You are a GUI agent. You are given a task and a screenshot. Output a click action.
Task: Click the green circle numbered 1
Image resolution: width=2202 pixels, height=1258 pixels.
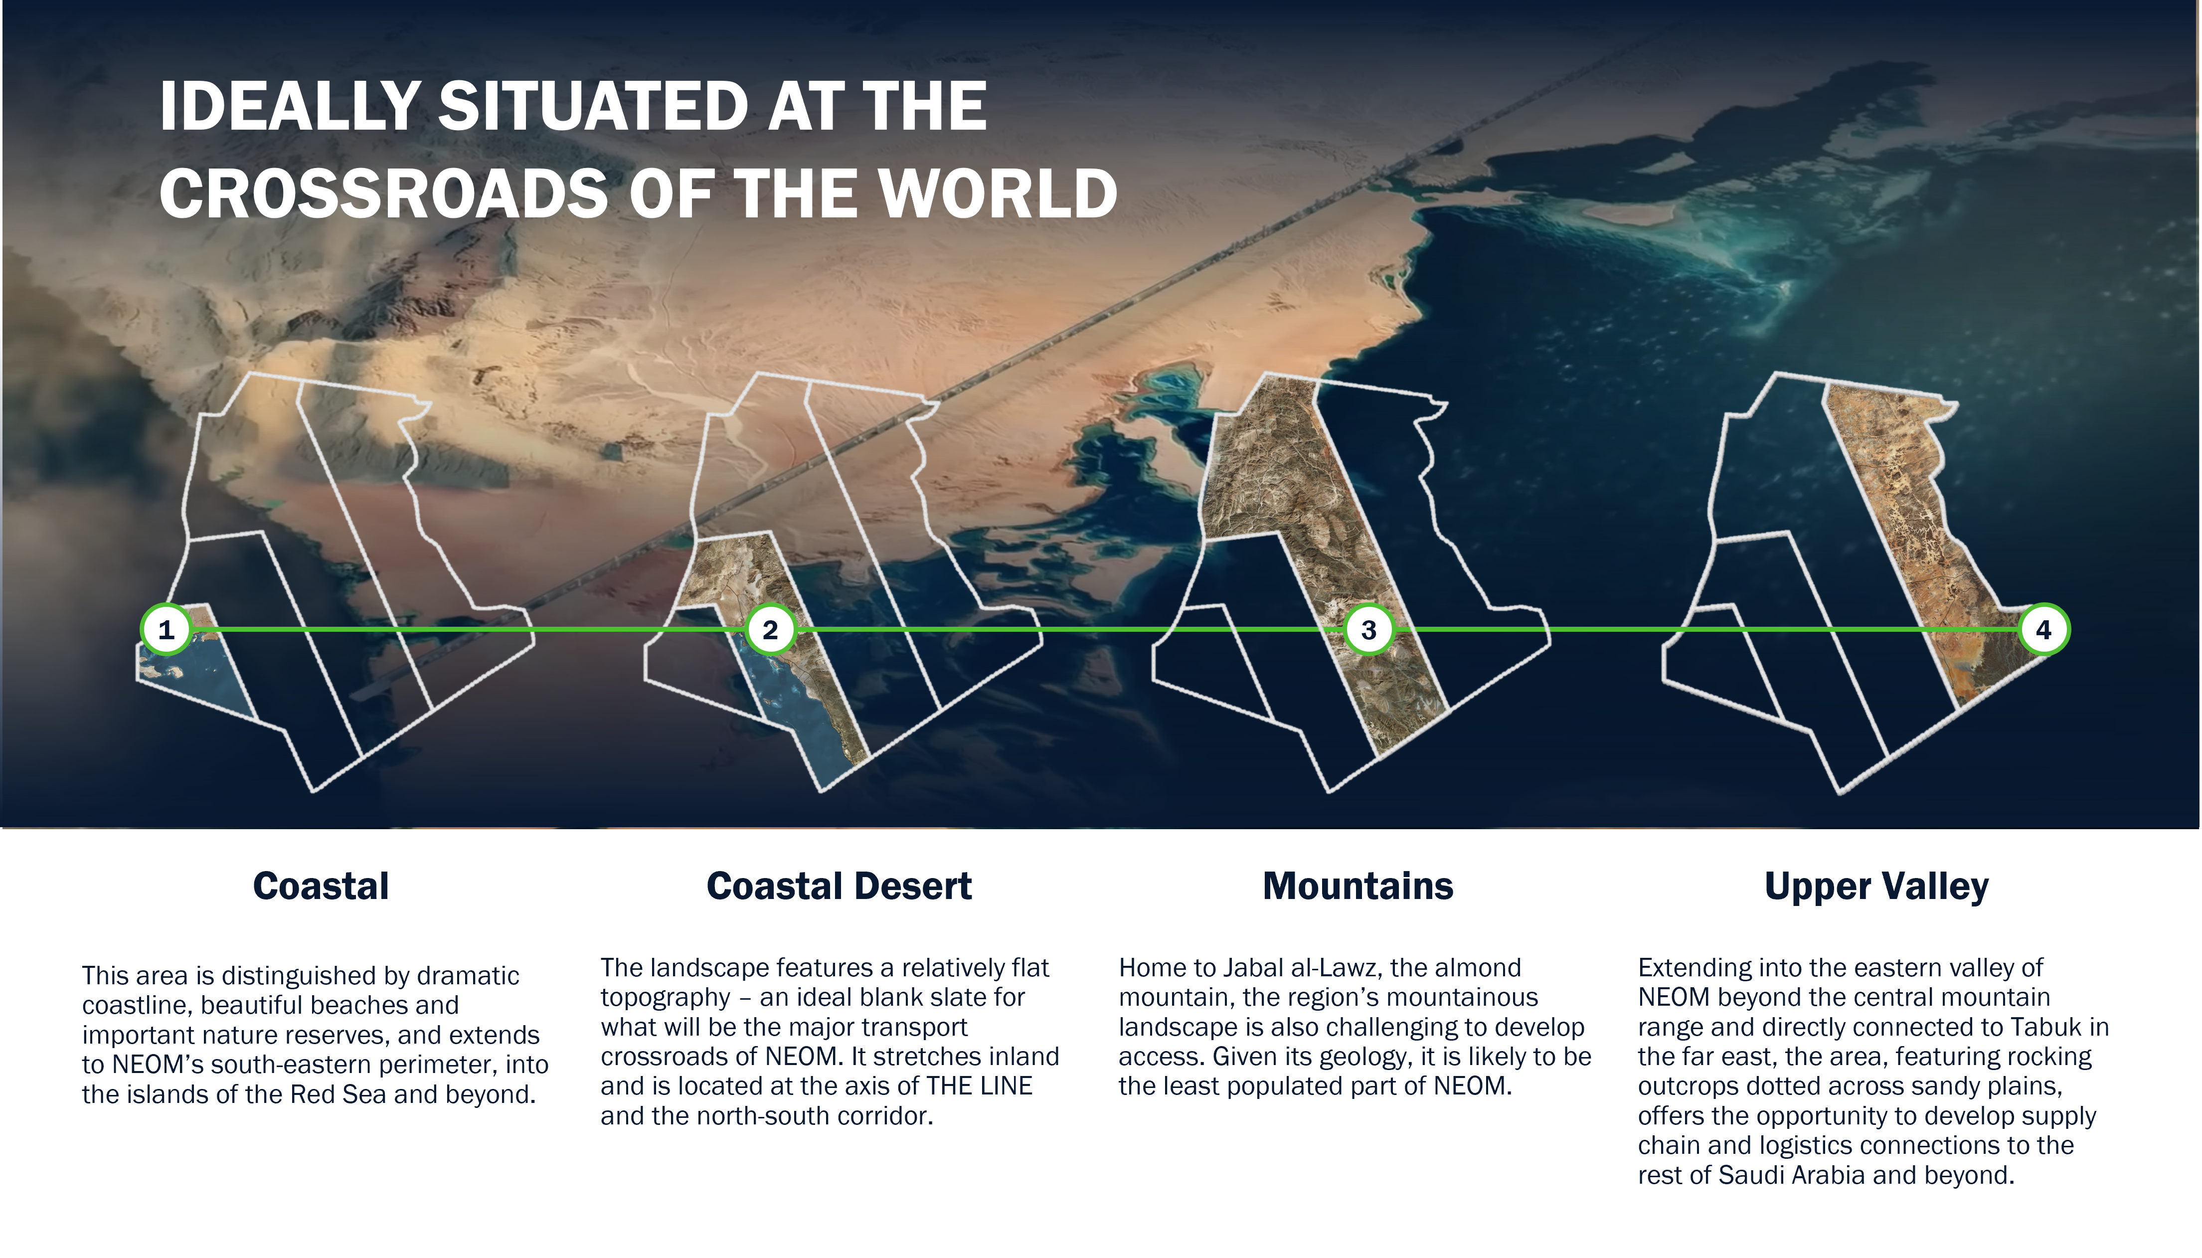(x=166, y=630)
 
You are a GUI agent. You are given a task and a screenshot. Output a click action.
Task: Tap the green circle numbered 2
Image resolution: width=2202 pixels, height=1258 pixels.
(x=770, y=630)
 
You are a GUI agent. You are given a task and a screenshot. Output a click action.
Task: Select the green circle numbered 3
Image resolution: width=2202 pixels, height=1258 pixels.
(x=1369, y=630)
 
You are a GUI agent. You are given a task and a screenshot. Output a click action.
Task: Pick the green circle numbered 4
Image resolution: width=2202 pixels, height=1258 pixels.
(x=2044, y=629)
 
